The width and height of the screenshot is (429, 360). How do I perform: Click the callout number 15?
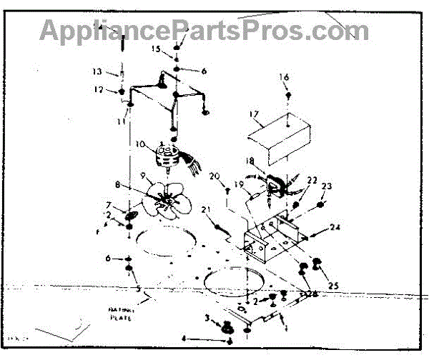tap(157, 49)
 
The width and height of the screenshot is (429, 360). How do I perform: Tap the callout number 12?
tap(99, 90)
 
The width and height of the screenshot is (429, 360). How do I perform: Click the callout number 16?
tap(285, 77)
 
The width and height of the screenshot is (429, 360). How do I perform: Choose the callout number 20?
tap(214, 176)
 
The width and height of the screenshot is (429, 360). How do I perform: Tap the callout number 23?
tap(328, 186)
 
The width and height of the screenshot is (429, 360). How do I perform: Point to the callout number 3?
tap(207, 317)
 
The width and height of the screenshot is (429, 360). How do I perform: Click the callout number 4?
tap(184, 339)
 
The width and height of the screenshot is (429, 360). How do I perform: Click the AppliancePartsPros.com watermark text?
tap(204, 31)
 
